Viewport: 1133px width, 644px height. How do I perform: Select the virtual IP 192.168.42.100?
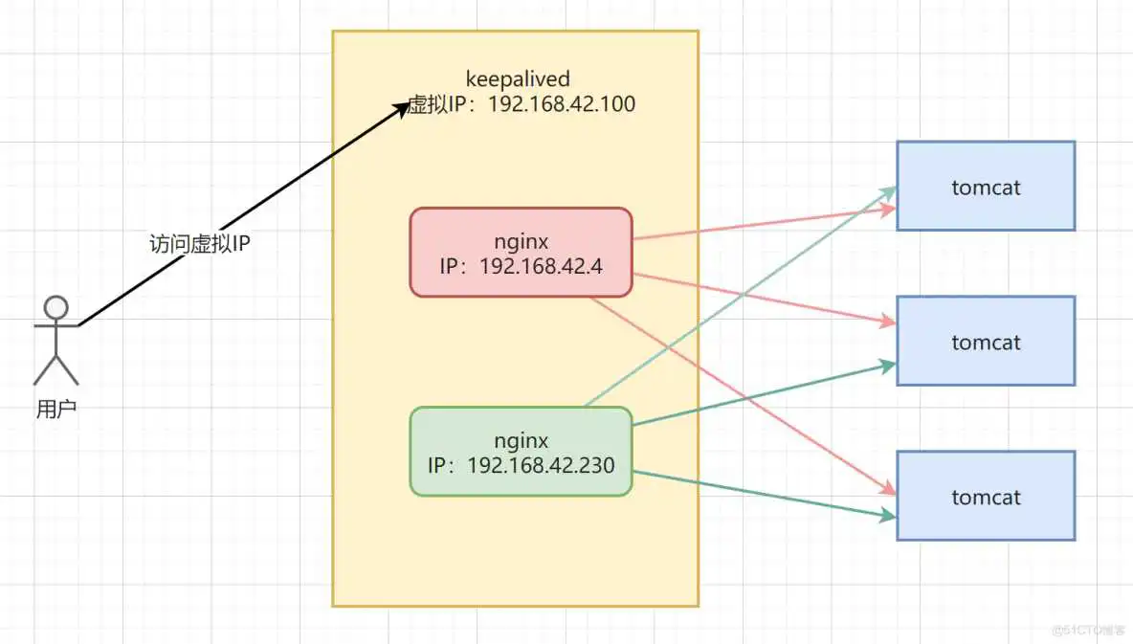click(x=562, y=104)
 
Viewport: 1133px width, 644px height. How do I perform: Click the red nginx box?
click(x=521, y=253)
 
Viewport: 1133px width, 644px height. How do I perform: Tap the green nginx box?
click(x=521, y=452)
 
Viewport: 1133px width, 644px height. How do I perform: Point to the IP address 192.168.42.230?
click(x=541, y=465)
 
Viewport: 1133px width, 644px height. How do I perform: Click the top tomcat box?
click(x=986, y=187)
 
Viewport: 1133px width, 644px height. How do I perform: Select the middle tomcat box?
click(x=986, y=342)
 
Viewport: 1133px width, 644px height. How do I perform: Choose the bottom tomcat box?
click(x=986, y=497)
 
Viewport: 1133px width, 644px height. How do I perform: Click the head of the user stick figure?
click(x=56, y=307)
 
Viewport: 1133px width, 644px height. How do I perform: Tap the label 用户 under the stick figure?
click(x=56, y=410)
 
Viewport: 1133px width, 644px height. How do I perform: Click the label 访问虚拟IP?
click(x=200, y=243)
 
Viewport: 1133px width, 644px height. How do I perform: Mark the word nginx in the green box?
click(x=521, y=441)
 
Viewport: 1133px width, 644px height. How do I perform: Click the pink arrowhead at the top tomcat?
click(x=889, y=209)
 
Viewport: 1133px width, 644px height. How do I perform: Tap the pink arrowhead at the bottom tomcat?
click(x=888, y=489)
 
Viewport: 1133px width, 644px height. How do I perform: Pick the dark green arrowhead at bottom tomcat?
click(x=888, y=516)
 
